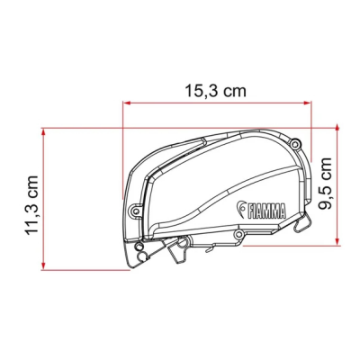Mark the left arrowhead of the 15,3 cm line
pos(123,104)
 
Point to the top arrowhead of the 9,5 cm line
pos(337,131)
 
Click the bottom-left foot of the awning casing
pos(141,257)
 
